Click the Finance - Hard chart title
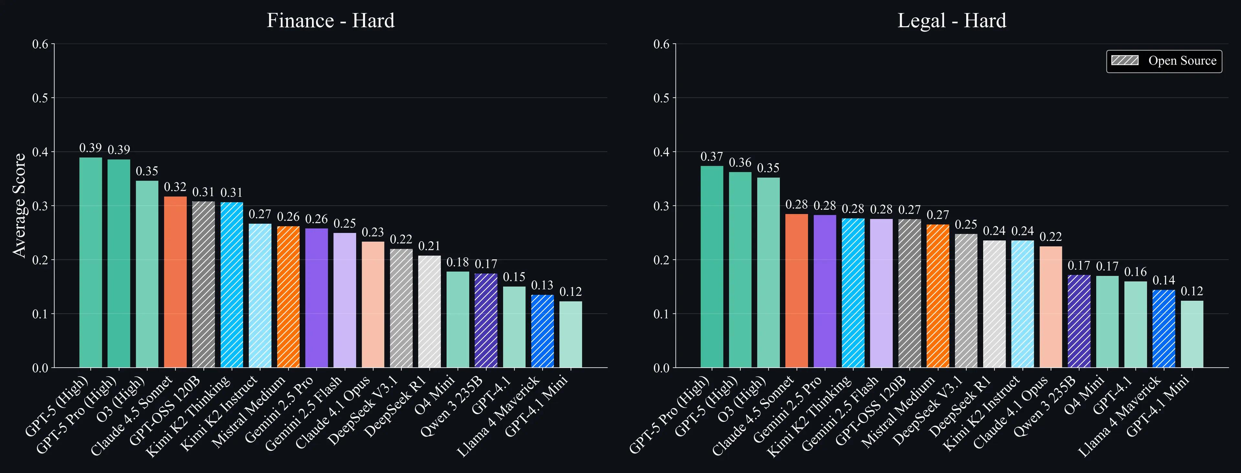pyautogui.click(x=331, y=21)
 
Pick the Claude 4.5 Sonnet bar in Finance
pyautogui.click(x=175, y=282)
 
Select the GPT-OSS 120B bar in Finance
pyautogui.click(x=203, y=285)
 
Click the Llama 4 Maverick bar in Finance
pyautogui.click(x=543, y=331)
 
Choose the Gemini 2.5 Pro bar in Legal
pyautogui.click(x=825, y=291)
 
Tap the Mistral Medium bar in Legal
pyautogui.click(x=938, y=296)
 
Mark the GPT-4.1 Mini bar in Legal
pyautogui.click(x=1192, y=334)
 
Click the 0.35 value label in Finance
pyautogui.click(x=147, y=171)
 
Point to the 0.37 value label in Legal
pyautogui.click(x=712, y=157)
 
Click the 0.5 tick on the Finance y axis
pyautogui.click(x=40, y=98)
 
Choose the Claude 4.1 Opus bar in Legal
pyautogui.click(x=1051, y=307)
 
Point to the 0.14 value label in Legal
pyautogui.click(x=1163, y=280)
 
